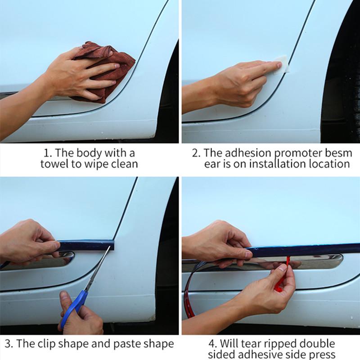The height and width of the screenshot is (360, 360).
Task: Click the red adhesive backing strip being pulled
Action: (x=282, y=274)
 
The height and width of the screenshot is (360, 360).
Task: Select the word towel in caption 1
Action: (x=54, y=164)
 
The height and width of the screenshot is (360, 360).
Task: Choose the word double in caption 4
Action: (x=317, y=344)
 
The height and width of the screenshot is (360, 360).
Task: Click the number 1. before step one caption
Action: (x=48, y=153)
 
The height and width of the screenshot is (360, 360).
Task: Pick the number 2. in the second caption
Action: (x=196, y=153)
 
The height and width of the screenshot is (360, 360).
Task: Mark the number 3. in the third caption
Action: (x=9, y=344)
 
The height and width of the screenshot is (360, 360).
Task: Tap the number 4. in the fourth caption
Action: (x=212, y=344)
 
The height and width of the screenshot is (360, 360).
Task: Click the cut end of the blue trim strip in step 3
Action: (x=112, y=245)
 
